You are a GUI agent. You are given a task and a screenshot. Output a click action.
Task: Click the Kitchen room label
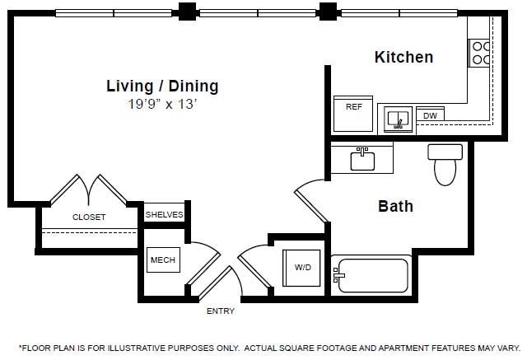point(403,57)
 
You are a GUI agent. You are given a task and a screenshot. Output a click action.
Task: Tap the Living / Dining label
point(162,85)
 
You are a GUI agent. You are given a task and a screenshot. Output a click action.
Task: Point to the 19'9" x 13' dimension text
point(162,105)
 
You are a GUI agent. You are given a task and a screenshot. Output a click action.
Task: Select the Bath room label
point(395,206)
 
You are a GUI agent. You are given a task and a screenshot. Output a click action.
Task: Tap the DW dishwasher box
point(429,116)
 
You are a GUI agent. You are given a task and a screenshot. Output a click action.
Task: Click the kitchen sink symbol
point(399,119)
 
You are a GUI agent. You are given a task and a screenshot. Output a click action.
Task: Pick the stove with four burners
point(479,53)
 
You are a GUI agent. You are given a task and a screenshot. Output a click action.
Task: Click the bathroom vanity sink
point(363,159)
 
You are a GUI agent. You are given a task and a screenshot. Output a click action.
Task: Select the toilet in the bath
point(445,165)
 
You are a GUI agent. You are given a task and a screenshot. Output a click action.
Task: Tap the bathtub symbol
point(370,274)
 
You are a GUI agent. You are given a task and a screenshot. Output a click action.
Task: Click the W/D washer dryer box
point(302,267)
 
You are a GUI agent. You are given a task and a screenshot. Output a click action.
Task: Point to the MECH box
point(161,260)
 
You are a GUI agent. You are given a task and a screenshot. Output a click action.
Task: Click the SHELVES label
point(164,214)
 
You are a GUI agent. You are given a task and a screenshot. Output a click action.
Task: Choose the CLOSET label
point(89,217)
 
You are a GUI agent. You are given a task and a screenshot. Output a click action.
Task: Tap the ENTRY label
point(220,311)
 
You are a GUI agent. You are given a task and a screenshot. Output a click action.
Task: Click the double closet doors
point(89,189)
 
